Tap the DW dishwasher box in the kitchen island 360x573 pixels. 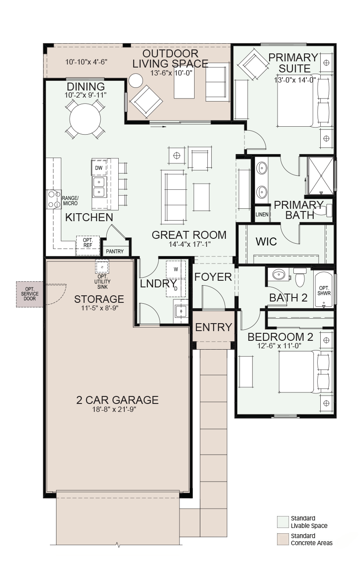coord(99,168)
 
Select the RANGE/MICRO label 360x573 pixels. coord(70,201)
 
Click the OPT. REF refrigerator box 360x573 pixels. coord(88,245)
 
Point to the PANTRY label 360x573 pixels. coord(115,252)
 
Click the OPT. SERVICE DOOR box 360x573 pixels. coord(30,294)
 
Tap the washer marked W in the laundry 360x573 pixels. coord(176,269)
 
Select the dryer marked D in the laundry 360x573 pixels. coord(176,288)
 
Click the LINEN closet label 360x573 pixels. coord(262,215)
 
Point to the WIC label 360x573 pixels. coord(266,241)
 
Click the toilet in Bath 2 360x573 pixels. coord(300,277)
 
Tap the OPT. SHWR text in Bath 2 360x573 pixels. coord(324,291)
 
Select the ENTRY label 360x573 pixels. coord(214,327)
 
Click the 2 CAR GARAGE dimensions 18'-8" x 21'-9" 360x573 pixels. coord(114,410)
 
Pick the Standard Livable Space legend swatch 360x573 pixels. coord(282,522)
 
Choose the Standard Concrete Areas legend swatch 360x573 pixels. coord(282,539)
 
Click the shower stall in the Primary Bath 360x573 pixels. coord(321,176)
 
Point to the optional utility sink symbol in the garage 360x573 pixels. coord(102,267)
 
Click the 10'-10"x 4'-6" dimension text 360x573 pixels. coord(86,62)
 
